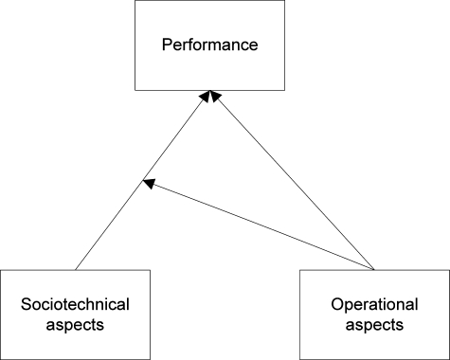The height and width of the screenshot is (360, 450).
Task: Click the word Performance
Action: point(225,45)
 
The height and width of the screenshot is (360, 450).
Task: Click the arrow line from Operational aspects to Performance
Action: point(294,180)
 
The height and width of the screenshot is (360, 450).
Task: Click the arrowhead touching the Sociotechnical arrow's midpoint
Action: point(148,183)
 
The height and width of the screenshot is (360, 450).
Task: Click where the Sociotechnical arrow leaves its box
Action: point(75,270)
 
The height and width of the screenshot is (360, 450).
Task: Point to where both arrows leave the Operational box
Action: point(373,270)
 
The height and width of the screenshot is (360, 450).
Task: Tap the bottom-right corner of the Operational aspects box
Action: point(448,358)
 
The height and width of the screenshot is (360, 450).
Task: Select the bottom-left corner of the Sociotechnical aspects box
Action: point(1,358)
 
